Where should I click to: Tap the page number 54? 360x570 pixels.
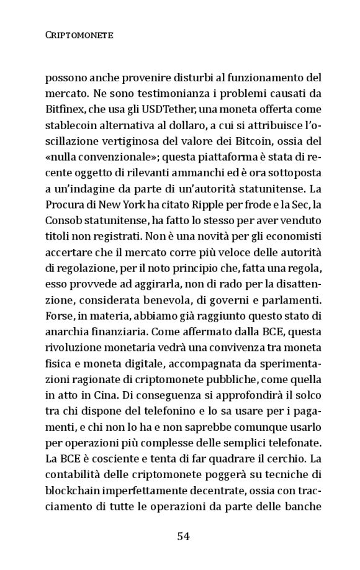click(x=182, y=536)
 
